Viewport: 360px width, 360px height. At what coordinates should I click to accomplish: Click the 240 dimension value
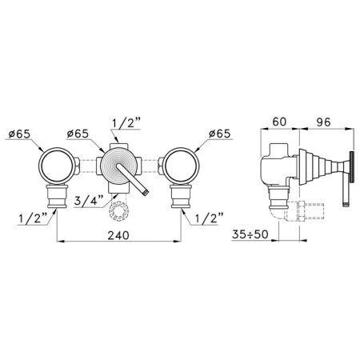click(118, 235)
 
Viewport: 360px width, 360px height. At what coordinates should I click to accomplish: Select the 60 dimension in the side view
click(279, 122)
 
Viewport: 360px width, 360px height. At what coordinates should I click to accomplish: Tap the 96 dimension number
click(323, 122)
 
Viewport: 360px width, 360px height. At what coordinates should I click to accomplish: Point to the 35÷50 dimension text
click(250, 234)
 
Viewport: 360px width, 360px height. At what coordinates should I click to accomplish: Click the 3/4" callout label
click(89, 200)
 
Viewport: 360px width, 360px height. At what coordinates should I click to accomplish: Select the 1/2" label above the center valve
click(126, 123)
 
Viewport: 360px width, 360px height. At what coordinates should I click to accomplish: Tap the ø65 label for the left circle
click(19, 134)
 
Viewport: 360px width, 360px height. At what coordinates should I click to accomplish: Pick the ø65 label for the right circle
click(219, 134)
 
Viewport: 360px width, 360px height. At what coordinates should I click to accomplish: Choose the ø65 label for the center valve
click(78, 134)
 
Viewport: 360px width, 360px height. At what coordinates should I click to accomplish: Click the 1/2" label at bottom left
click(33, 218)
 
